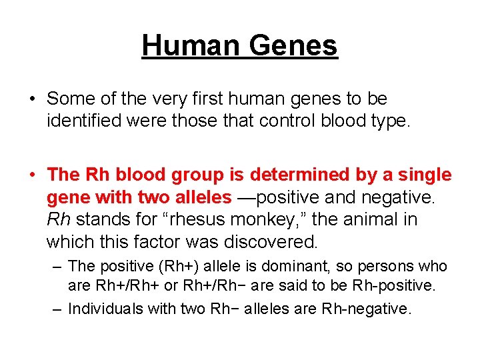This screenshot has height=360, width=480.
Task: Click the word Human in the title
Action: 193,45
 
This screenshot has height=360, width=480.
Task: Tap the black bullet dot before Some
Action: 32,99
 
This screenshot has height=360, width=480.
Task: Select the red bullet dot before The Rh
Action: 32,175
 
